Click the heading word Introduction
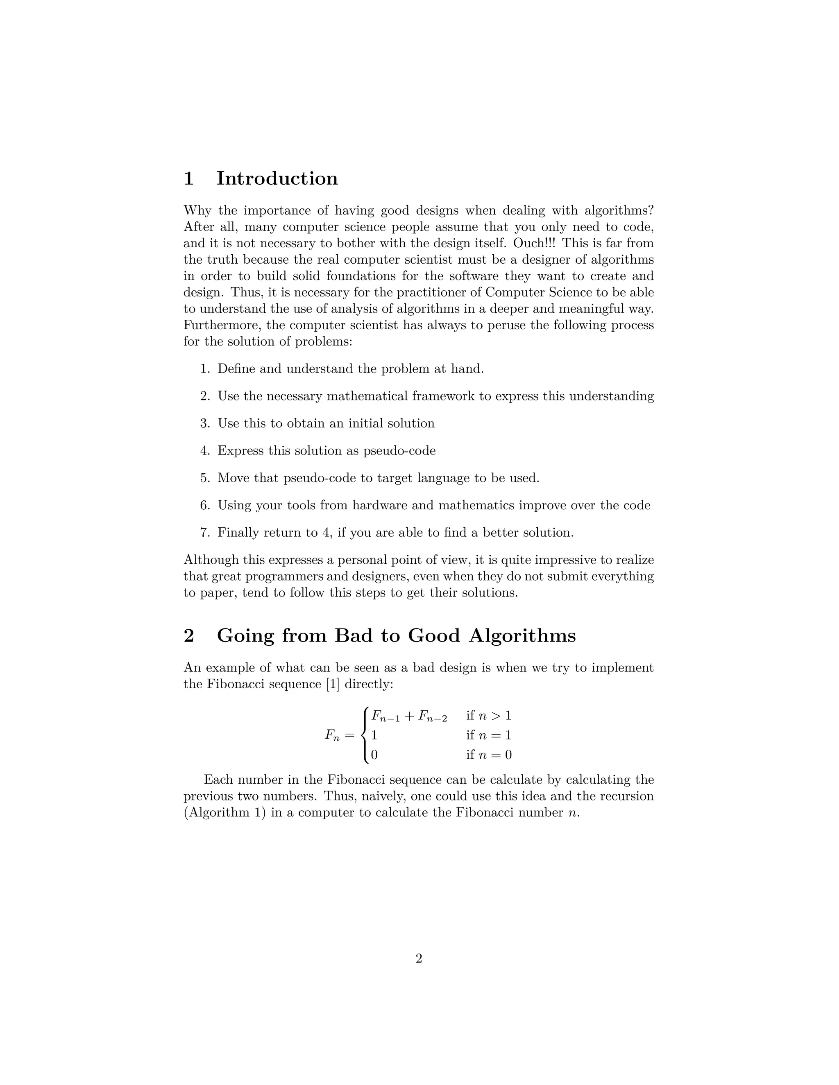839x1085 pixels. point(277,179)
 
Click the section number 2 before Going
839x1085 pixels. point(189,635)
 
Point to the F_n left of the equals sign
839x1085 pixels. point(332,736)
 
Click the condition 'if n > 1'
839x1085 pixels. point(489,716)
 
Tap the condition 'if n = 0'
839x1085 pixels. point(489,755)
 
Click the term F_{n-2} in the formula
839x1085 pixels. point(433,717)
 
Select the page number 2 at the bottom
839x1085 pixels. point(419,958)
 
